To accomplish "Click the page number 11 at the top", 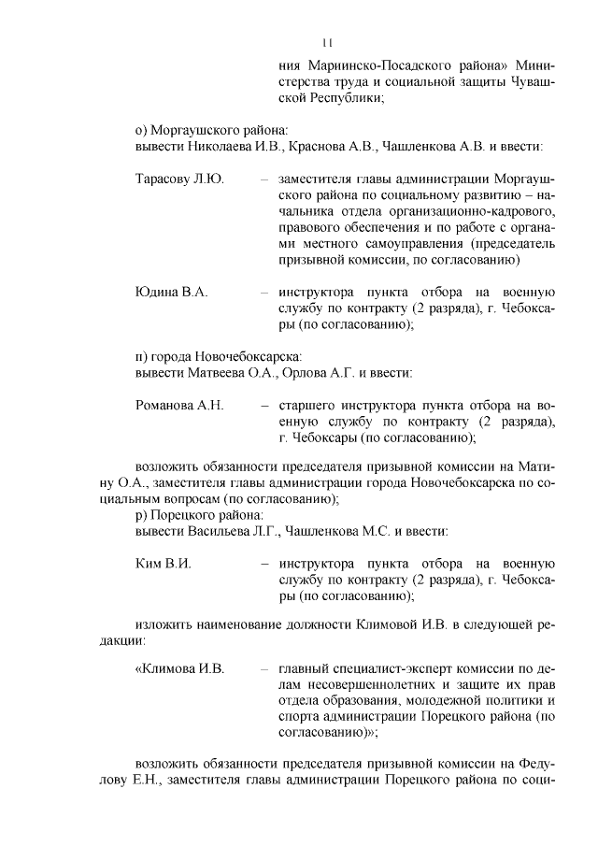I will [x=328, y=42].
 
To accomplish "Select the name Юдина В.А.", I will [x=171, y=292].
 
